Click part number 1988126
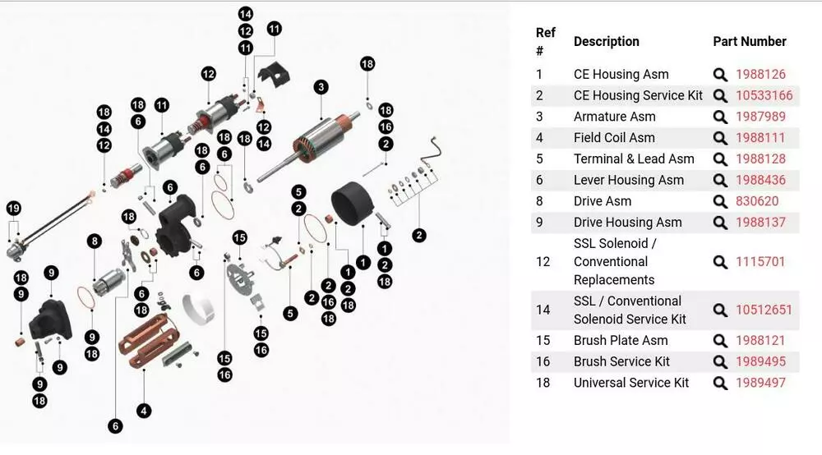[x=760, y=74]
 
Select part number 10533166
[x=764, y=95]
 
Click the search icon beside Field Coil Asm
[x=720, y=138]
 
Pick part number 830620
[x=757, y=201]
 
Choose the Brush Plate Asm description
[x=621, y=340]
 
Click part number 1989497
[x=760, y=383]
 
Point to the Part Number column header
[x=749, y=41]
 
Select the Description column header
[x=606, y=41]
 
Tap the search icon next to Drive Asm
[x=720, y=201]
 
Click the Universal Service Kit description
[x=631, y=383]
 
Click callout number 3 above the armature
[x=321, y=87]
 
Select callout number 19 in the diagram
[x=13, y=209]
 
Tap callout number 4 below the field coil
[x=145, y=411]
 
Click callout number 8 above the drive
[x=95, y=241]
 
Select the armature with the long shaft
[x=312, y=140]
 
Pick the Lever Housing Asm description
[x=628, y=180]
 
